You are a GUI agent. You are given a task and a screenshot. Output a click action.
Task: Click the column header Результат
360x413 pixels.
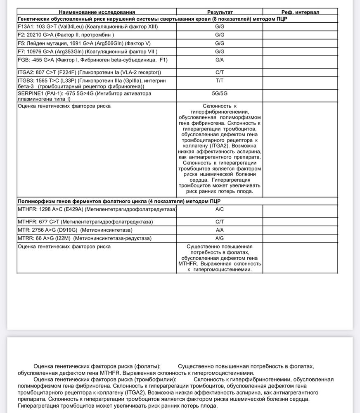220,12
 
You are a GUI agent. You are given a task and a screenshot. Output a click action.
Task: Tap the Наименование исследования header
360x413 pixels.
97,12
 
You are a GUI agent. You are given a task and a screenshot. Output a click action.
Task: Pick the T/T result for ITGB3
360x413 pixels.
220,81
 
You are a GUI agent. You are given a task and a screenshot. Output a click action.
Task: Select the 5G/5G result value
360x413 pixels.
220,93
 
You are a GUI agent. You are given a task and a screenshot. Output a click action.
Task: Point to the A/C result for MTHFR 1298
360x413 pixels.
220,209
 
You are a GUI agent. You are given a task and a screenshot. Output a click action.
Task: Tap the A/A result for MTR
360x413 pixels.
220,230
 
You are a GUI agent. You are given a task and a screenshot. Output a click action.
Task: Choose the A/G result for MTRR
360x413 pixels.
220,238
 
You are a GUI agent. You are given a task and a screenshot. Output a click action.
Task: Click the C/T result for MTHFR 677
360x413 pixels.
220,222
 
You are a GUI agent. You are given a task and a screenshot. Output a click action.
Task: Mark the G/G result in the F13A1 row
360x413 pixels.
220,27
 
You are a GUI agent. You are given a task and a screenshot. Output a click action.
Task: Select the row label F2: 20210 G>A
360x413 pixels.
66,35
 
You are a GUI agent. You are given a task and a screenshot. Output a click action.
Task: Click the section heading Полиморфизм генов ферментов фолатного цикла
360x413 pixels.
119,201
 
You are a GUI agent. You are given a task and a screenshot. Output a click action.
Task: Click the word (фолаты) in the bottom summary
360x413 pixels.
147,366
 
